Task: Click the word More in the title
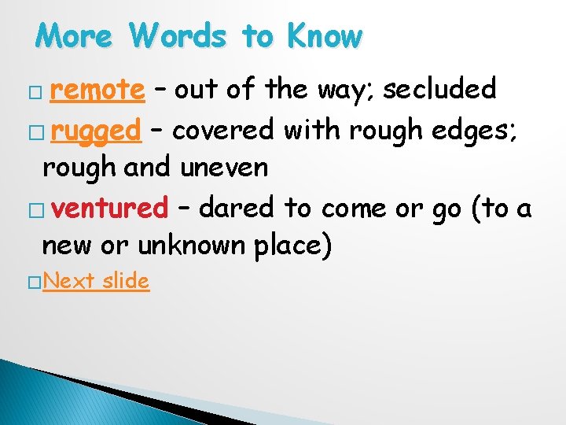75,36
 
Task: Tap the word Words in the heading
180,36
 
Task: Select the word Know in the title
324,36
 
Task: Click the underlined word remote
97,91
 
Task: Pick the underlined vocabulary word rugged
95,129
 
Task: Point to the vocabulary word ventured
112,208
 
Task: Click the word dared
237,208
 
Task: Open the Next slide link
98,280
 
